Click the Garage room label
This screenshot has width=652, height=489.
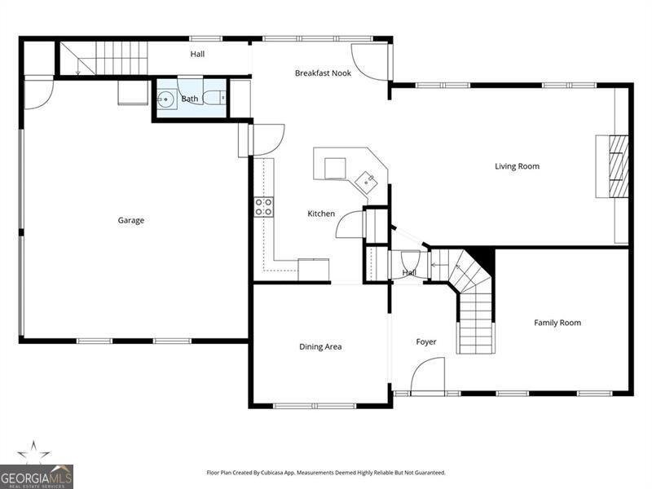[131, 220]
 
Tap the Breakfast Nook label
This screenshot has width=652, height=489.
[323, 73]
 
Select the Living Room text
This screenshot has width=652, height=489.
[518, 166]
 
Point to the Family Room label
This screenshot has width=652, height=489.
[557, 323]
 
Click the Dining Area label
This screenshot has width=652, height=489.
[320, 347]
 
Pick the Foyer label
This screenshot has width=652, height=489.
[426, 341]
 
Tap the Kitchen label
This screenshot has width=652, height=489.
[321, 214]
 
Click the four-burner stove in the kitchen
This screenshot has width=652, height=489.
[264, 207]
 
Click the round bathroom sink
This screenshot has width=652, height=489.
[167, 99]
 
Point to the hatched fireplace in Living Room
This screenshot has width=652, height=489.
[619, 166]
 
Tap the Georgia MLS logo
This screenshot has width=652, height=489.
[37, 477]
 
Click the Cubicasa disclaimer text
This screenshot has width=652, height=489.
[326, 473]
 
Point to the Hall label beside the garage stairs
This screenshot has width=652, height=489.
[197, 54]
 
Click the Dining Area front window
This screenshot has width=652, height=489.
[315, 405]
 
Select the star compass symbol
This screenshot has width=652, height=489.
[33, 452]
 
